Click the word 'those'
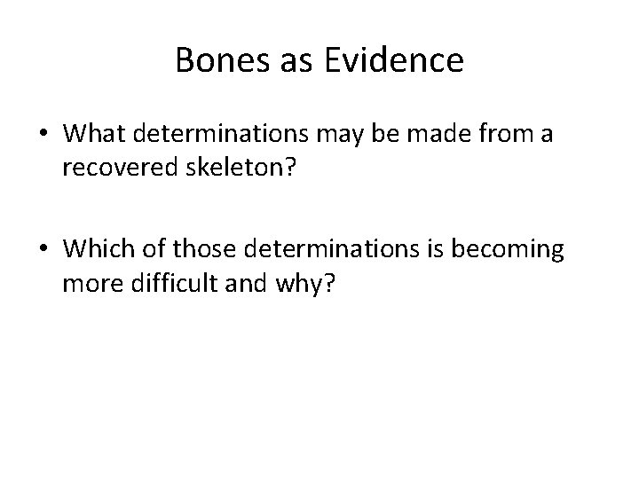tap(210, 250)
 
